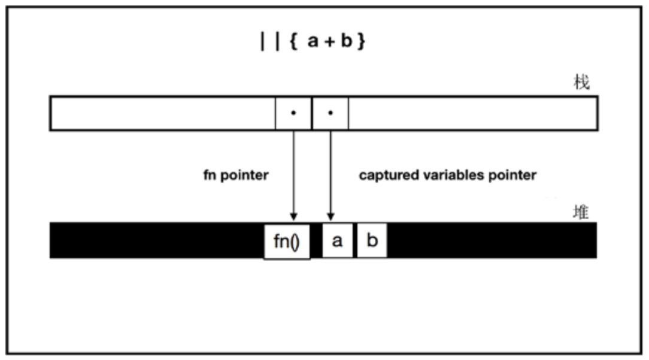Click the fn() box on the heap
[287, 241]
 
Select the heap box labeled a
[337, 241]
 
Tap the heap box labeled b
[372, 241]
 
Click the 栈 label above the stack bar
[581, 83]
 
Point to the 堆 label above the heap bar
[581, 212]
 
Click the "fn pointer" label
[235, 176]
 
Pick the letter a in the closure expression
[313, 43]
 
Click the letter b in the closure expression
[347, 43]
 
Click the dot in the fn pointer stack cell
[293, 112]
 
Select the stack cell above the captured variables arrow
[330, 113]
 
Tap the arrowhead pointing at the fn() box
[293, 216]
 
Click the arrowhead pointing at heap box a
[330, 216]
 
